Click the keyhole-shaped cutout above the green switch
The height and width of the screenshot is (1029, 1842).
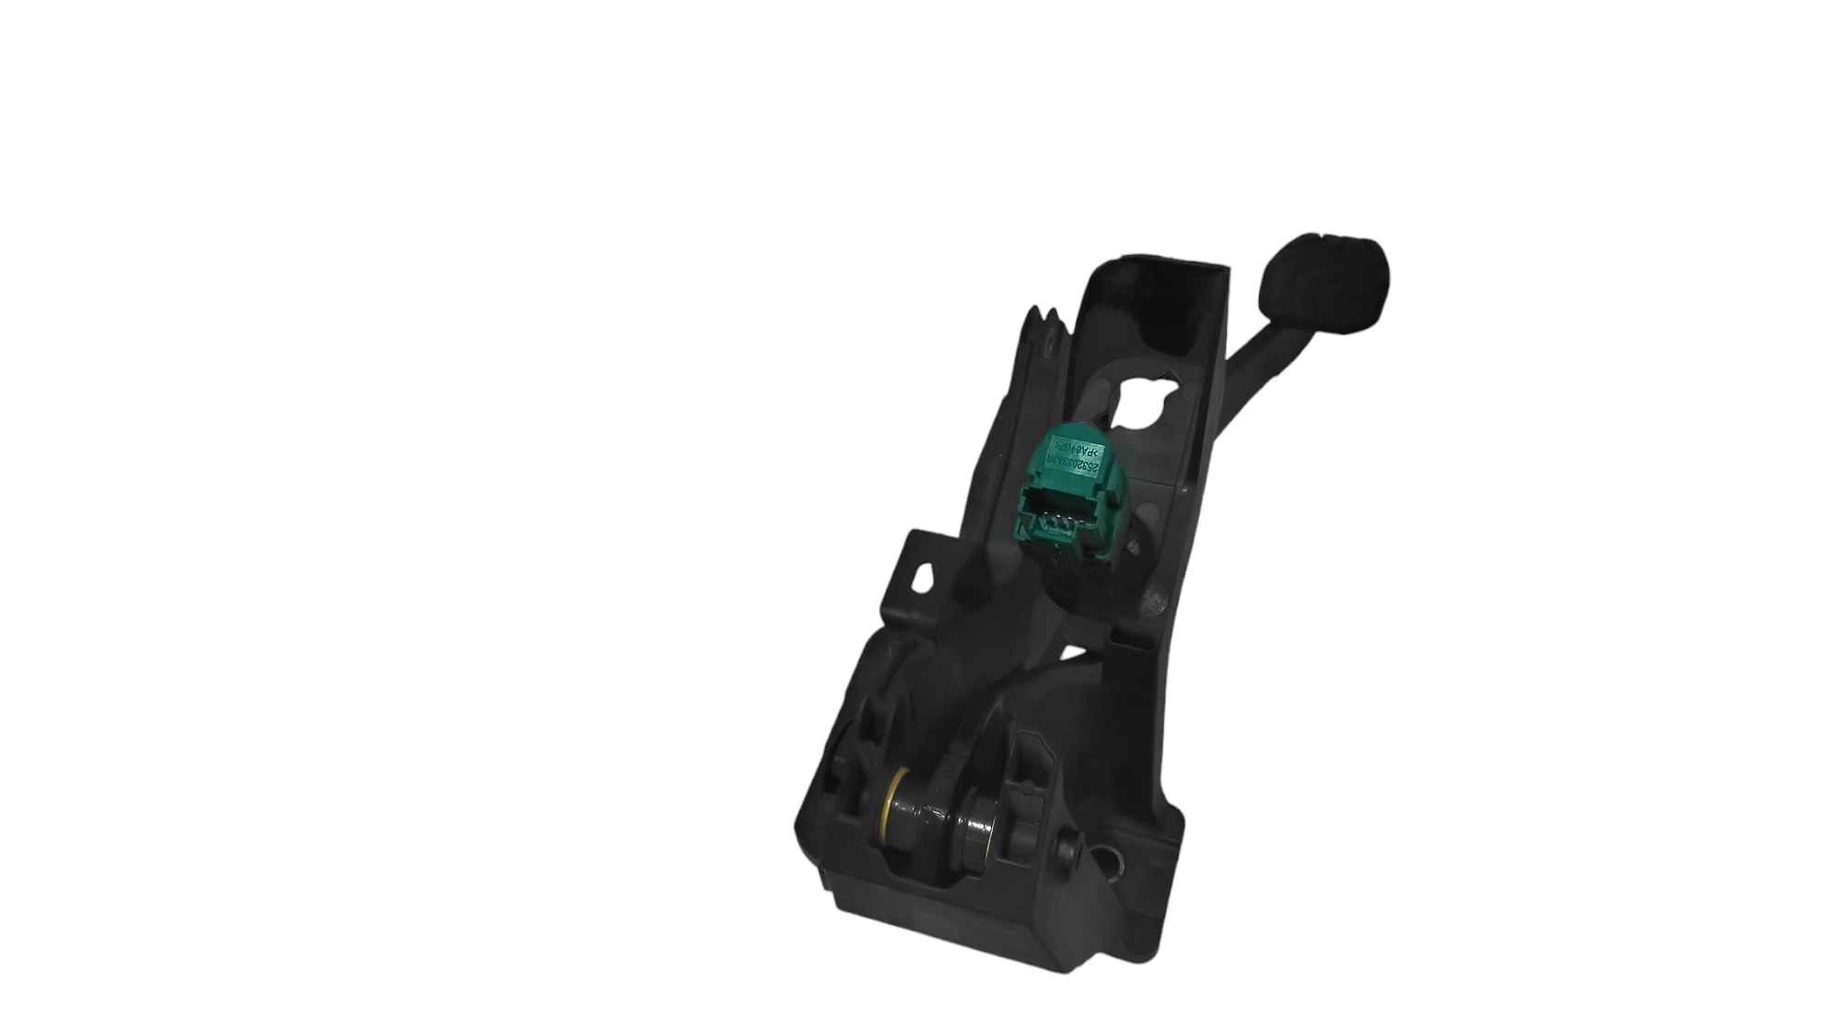(x=1141, y=396)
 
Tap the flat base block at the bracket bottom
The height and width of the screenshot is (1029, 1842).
(x=967, y=949)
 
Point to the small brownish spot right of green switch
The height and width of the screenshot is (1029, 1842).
(x=1143, y=545)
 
